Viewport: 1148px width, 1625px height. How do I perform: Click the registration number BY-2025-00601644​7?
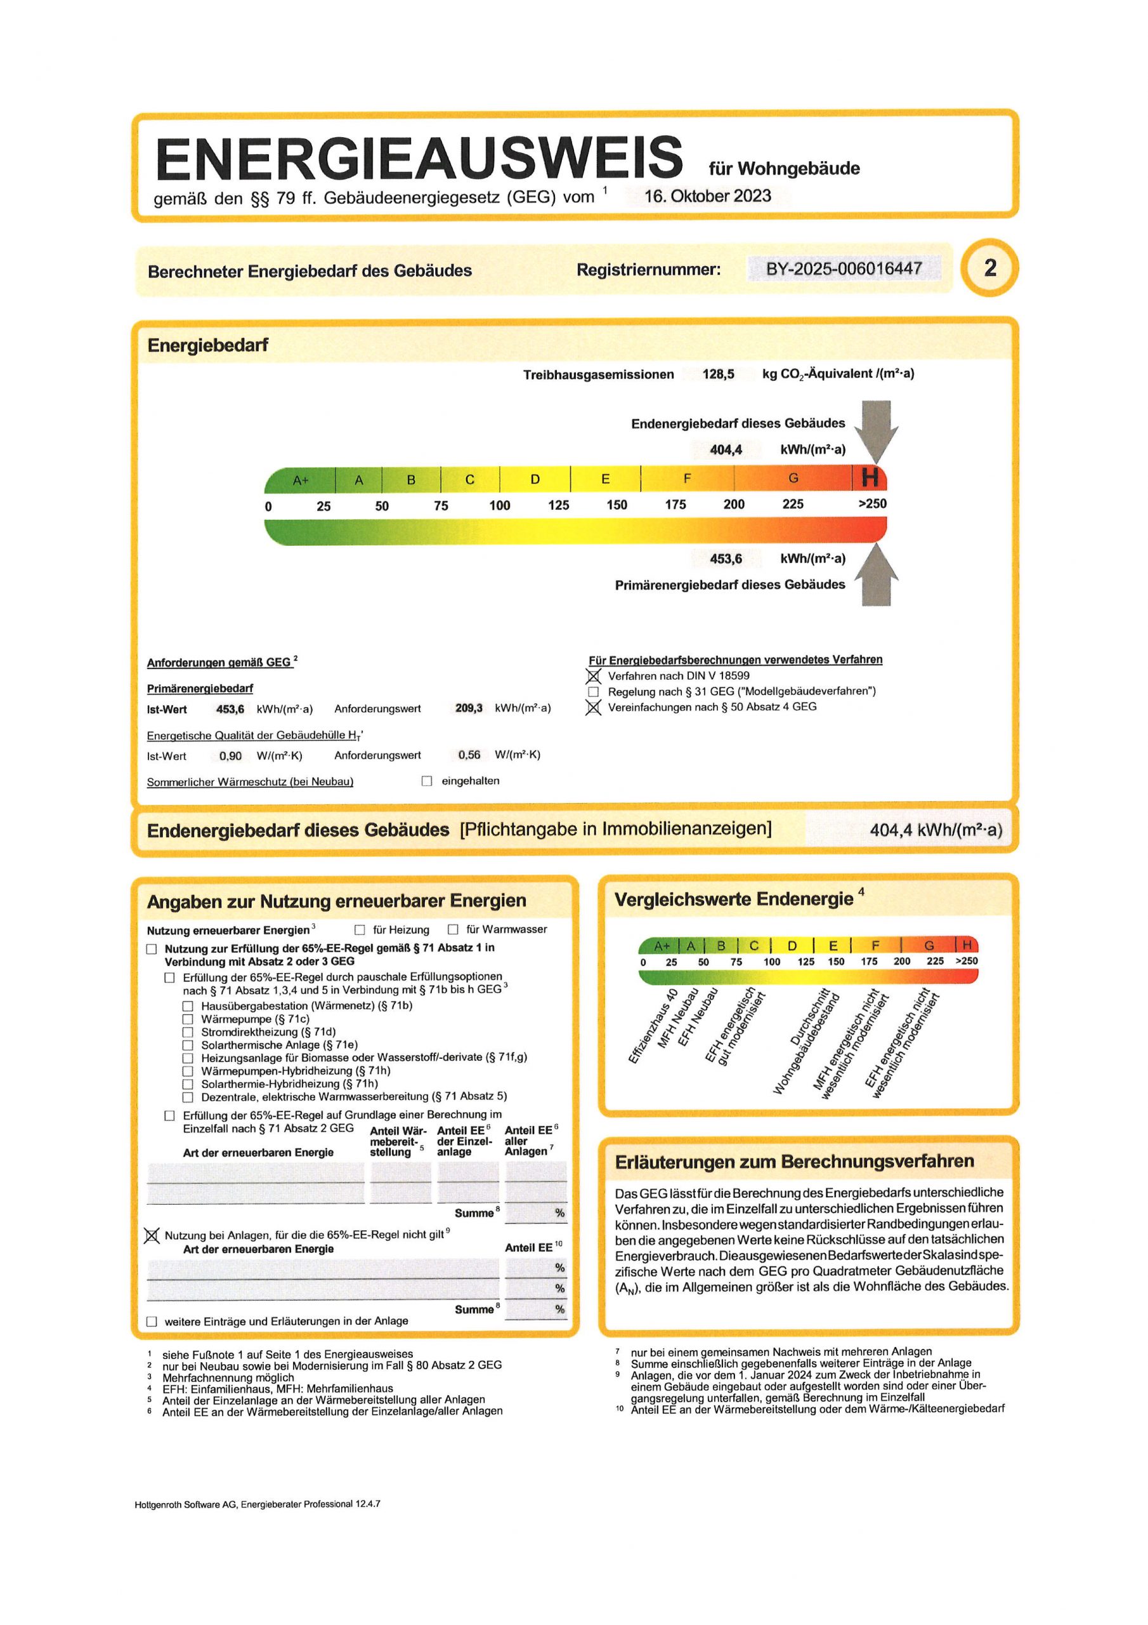[x=844, y=269]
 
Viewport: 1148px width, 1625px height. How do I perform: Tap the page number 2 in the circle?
[x=989, y=269]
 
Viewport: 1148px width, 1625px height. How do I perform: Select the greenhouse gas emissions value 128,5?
[x=718, y=375]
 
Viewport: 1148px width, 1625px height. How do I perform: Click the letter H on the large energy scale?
[x=870, y=479]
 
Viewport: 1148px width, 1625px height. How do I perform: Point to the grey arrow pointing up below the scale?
[x=877, y=574]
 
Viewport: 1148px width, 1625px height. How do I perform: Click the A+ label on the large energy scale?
[x=301, y=481]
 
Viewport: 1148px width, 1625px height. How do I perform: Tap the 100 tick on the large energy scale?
[x=499, y=505]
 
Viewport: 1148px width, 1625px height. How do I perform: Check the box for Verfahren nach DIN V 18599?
[x=594, y=677]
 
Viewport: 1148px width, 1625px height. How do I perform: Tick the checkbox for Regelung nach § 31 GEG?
[x=594, y=692]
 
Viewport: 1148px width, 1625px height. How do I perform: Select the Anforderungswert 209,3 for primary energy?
[x=469, y=708]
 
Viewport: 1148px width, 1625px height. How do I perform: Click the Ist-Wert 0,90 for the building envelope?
[x=231, y=756]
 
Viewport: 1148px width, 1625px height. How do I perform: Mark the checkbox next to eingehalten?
[x=426, y=781]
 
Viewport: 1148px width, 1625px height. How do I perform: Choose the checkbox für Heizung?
[x=360, y=930]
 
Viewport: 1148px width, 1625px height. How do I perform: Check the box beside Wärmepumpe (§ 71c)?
[x=188, y=1019]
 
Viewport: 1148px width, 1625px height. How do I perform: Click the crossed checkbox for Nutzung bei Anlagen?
[x=152, y=1236]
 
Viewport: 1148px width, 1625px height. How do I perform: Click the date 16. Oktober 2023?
[x=707, y=196]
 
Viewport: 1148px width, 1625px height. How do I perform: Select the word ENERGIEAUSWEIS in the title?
[x=419, y=159]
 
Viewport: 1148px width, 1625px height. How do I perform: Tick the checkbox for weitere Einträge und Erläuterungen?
[x=152, y=1322]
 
